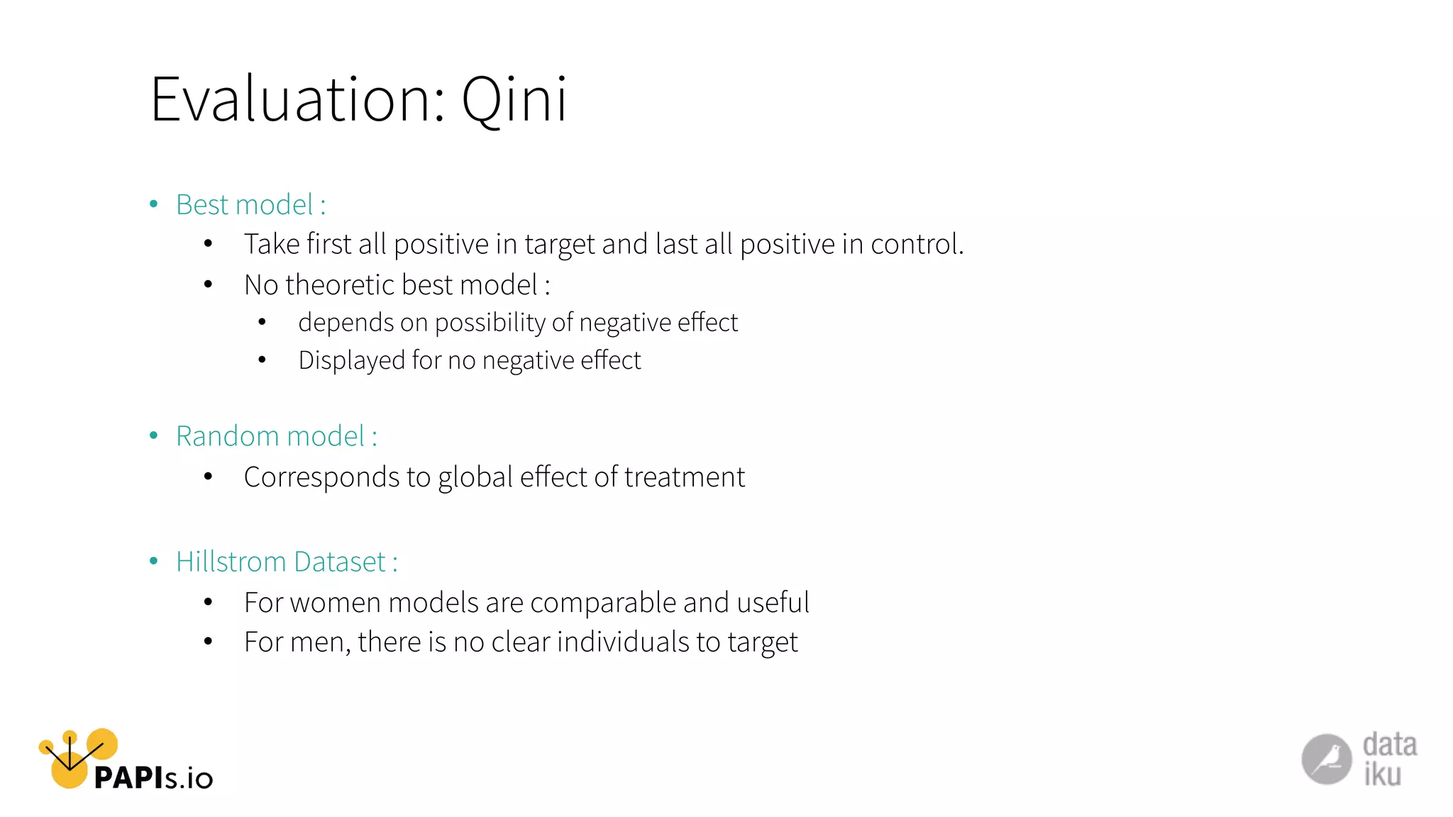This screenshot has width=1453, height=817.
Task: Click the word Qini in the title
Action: point(514,100)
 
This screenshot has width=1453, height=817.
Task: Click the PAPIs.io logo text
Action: point(153,778)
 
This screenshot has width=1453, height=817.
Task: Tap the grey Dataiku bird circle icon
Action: point(1326,760)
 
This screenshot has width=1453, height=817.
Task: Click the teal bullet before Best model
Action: point(154,205)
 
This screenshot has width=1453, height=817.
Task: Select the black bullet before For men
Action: point(208,643)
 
